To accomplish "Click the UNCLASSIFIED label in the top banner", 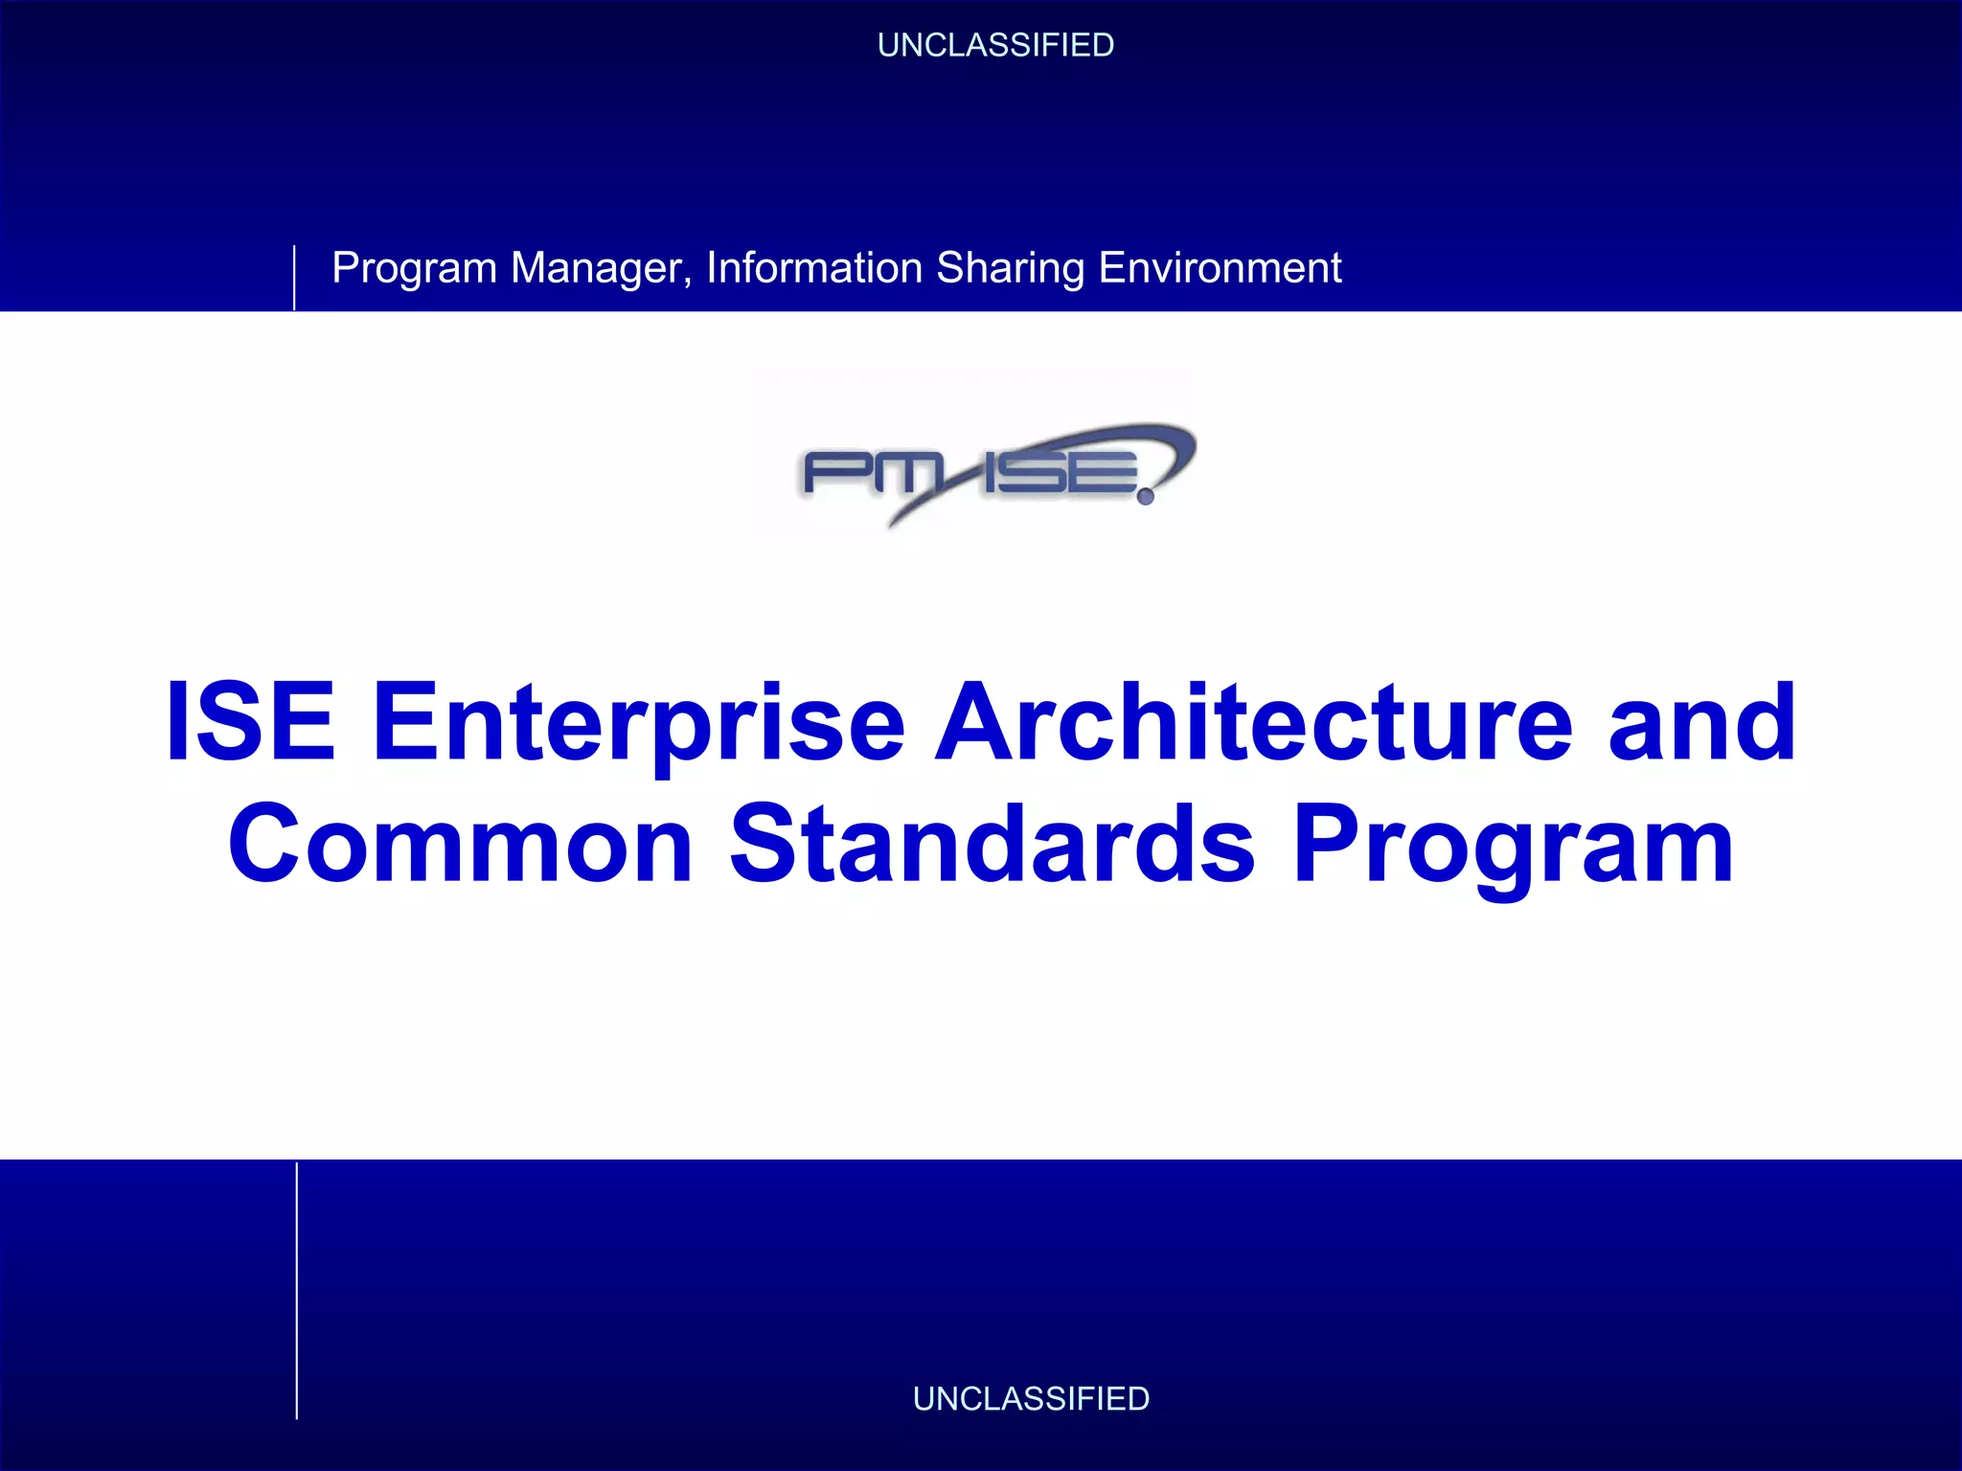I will click(x=995, y=45).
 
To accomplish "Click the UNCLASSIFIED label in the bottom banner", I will click(x=1031, y=1398).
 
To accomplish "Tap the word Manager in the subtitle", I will click(x=601, y=268).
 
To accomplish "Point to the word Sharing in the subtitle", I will click(x=1010, y=268).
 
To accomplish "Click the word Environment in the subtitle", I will click(x=1220, y=268).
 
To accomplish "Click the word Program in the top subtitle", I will click(x=414, y=268).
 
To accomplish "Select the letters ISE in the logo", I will click(x=1059, y=473).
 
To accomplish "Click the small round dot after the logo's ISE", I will click(x=1146, y=497).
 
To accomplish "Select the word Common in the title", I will click(x=461, y=845).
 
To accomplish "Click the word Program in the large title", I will click(x=1513, y=845).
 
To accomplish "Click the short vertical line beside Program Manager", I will click(x=294, y=278).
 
